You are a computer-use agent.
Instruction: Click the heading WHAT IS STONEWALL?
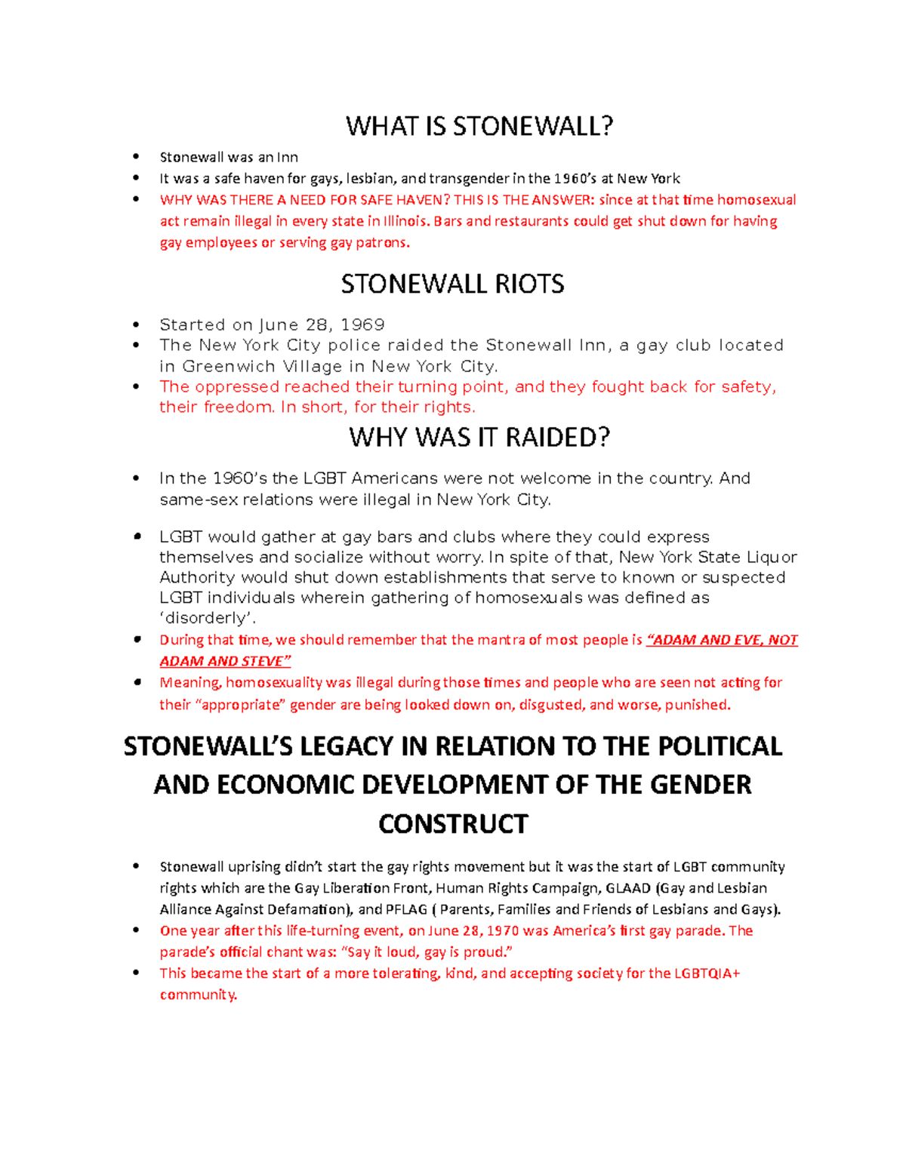479,126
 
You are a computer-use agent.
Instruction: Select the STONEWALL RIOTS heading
452,285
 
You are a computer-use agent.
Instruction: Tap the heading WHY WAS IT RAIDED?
479,438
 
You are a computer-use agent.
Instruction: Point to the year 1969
362,325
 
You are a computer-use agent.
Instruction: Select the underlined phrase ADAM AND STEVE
224,661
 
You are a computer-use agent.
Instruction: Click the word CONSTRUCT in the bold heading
453,824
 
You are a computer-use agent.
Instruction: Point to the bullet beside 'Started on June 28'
137,325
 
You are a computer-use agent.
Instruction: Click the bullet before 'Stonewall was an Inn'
137,157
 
